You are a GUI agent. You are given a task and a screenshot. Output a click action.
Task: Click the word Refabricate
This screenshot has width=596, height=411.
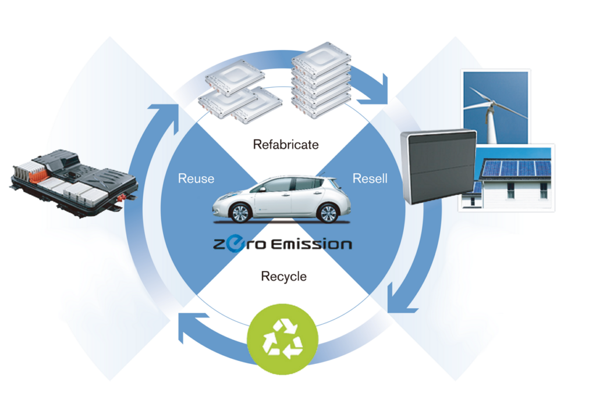pyautogui.click(x=286, y=145)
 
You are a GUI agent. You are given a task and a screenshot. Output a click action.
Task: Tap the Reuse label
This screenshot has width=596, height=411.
pyautogui.click(x=196, y=178)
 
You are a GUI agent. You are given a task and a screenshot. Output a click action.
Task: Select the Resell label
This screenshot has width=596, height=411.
pyautogui.click(x=370, y=178)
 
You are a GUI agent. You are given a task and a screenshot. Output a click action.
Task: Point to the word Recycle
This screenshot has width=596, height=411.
pyautogui.click(x=283, y=276)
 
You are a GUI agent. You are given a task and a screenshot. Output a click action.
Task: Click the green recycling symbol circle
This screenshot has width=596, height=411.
pyautogui.click(x=282, y=339)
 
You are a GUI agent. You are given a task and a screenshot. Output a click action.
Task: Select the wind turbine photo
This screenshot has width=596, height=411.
pyautogui.click(x=495, y=107)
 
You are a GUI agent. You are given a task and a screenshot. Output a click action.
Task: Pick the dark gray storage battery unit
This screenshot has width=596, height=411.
pyautogui.click(x=439, y=166)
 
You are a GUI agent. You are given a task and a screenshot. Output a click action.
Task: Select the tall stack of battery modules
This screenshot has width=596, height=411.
pyautogui.click(x=321, y=80)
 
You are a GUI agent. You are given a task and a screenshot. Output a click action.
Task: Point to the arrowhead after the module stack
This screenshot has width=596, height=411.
pyautogui.click(x=374, y=91)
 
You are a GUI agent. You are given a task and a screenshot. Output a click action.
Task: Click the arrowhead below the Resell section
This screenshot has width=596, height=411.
pyautogui.click(x=400, y=300)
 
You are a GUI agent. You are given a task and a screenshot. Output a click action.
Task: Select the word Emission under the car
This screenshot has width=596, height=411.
pyautogui.click(x=312, y=244)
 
